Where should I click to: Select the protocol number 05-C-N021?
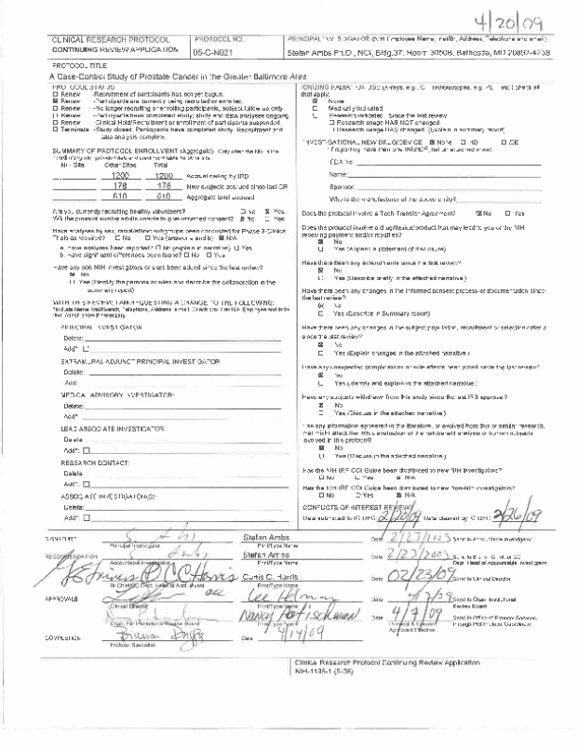pos(220,54)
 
